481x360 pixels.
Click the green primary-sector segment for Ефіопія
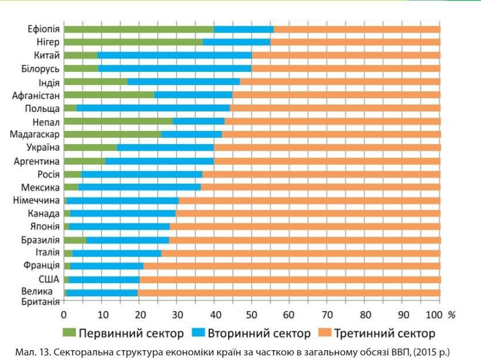[138, 29]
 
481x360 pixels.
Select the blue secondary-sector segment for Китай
[175, 55]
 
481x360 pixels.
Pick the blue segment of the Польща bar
[153, 108]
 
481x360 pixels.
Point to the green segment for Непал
[118, 121]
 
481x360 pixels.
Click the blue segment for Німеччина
[122, 200]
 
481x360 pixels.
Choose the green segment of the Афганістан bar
[109, 95]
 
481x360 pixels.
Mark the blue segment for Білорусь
[175, 68]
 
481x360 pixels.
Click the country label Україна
[43, 148]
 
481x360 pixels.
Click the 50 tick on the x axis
[252, 315]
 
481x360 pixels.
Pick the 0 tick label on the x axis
[64, 315]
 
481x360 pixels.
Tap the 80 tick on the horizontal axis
[364, 315]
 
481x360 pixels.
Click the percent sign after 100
[451, 315]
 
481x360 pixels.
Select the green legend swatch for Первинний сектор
[69, 334]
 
